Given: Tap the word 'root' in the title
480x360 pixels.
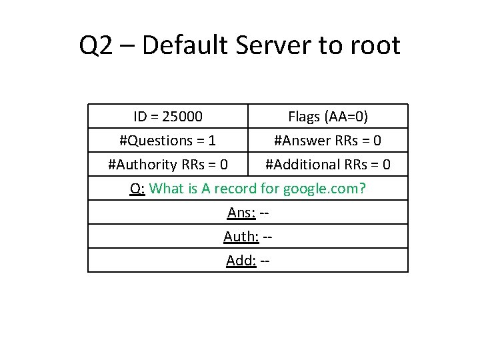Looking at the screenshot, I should (374, 46).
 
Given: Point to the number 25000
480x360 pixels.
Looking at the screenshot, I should (183, 117).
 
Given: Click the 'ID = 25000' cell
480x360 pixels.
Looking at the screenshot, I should (168, 117).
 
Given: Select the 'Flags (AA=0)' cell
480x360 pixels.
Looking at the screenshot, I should (328, 117).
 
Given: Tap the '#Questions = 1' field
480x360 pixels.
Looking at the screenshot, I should (167, 141).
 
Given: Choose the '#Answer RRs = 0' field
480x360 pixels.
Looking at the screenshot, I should (328, 141).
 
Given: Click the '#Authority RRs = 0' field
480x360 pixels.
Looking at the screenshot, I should (168, 164).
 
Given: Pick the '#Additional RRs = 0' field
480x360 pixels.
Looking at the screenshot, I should (328, 164).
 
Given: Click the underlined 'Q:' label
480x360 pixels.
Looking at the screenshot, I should (137, 188).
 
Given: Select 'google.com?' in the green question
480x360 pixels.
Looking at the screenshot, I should (325, 188).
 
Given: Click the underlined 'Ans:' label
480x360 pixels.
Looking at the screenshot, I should (241, 212).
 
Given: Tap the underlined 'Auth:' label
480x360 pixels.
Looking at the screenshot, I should (240, 236).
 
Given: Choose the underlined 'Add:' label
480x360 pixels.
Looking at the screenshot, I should (241, 260).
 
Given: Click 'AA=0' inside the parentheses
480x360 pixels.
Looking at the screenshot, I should (345, 117).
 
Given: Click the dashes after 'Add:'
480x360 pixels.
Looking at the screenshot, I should (265, 260).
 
